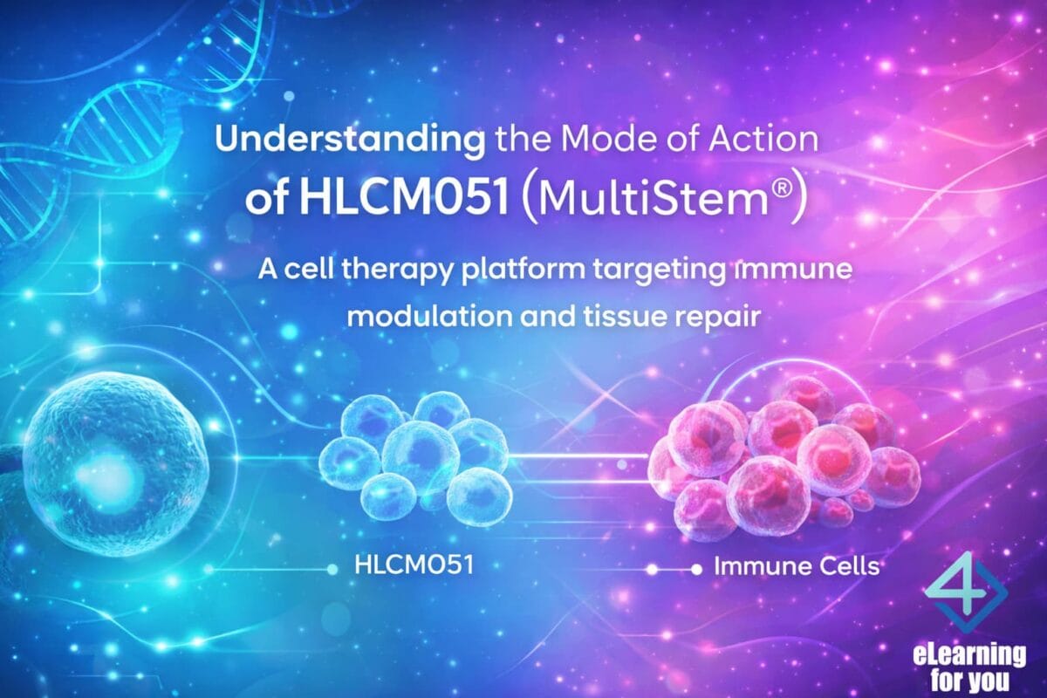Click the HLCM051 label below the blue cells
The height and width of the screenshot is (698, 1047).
tap(414, 565)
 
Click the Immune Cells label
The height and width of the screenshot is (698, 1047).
tap(796, 566)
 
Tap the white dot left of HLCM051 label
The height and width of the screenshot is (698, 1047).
tap(332, 569)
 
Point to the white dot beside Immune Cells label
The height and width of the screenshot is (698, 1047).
tap(695, 569)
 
